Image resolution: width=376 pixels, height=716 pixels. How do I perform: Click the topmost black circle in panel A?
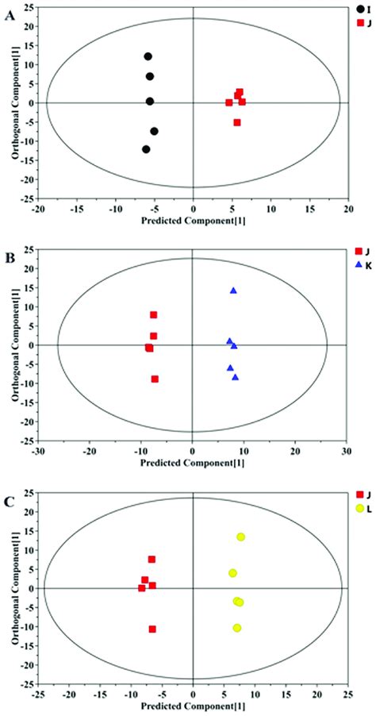coord(148,56)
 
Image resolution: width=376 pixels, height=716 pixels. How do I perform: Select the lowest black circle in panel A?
coord(146,149)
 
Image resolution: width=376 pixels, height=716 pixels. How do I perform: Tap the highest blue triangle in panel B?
coord(233,291)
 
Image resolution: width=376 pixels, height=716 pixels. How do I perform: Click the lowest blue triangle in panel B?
coord(235,378)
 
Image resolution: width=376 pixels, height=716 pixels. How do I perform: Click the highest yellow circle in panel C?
coord(241,537)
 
